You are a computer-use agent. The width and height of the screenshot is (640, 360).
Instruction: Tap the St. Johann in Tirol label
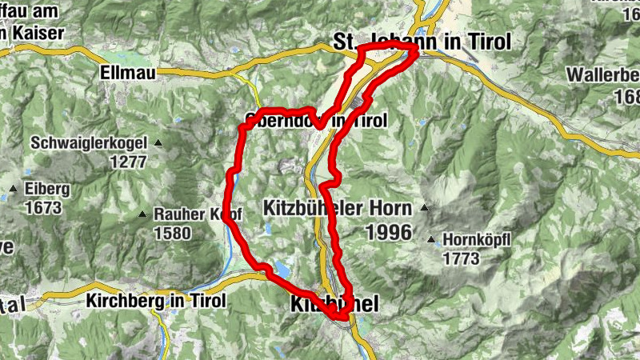tap(421, 42)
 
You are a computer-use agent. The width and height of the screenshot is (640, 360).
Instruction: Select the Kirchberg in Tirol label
tap(155, 301)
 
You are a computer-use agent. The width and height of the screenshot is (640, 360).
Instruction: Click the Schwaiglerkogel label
tap(90, 143)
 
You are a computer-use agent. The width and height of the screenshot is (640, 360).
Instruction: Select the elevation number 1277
tap(129, 161)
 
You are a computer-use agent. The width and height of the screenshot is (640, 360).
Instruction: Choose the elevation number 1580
tap(172, 234)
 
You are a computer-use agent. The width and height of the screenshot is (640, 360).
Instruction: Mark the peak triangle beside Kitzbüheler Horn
tap(424, 209)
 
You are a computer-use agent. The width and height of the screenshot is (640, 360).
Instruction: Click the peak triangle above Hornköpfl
tap(432, 239)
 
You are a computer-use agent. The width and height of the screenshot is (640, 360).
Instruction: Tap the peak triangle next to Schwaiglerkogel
tap(158, 143)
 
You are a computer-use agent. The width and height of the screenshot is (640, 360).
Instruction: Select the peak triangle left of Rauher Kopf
tap(142, 214)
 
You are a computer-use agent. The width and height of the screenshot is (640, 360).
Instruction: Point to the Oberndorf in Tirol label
tap(315, 121)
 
